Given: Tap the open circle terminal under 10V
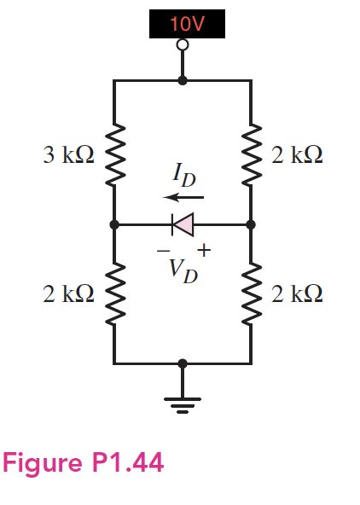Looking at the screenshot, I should (x=182, y=48).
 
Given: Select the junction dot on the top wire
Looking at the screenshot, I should (x=182, y=81).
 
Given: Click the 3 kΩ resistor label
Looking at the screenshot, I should (x=67, y=155).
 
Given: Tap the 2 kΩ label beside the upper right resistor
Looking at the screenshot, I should (x=297, y=155).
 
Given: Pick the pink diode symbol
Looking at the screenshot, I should (x=182, y=224).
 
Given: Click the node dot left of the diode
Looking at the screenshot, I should (x=114, y=224).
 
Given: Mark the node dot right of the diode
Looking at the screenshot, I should (x=251, y=224).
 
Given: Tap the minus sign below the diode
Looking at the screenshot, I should (x=160, y=250).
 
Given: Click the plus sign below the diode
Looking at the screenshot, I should (x=204, y=250).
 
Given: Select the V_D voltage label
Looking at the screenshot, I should (x=182, y=270).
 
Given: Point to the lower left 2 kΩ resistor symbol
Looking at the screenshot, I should (x=114, y=294).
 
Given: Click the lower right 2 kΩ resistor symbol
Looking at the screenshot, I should (x=251, y=294).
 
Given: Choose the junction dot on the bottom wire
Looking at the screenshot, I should (x=182, y=363).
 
